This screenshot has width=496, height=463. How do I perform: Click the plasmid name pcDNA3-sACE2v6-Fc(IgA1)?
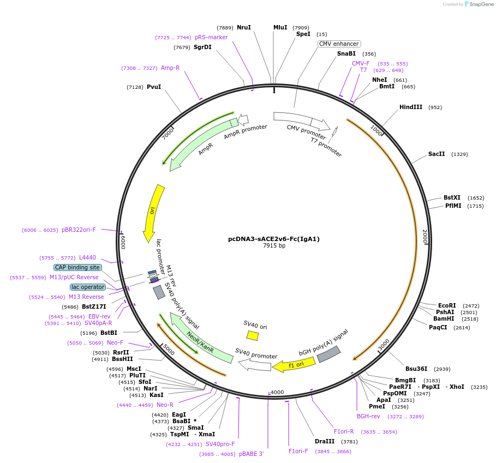click(x=273, y=239)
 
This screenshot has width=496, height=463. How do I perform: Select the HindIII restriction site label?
click(x=410, y=107)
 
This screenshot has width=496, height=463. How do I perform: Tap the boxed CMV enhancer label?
click(x=339, y=44)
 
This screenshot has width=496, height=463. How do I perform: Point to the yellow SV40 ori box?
click(x=252, y=335)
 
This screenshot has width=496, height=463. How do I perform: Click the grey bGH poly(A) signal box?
click(x=328, y=354)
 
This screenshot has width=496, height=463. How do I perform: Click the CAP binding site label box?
click(x=77, y=267)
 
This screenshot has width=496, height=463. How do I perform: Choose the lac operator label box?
click(x=87, y=287)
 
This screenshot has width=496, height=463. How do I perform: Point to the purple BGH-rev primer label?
click(x=368, y=416)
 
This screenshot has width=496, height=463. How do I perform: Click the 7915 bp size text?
click(x=274, y=246)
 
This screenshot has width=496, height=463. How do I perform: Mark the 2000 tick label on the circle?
click(x=424, y=236)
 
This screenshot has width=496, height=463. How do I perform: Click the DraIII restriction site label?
click(x=325, y=441)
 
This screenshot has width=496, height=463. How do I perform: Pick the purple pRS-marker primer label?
click(x=211, y=37)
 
